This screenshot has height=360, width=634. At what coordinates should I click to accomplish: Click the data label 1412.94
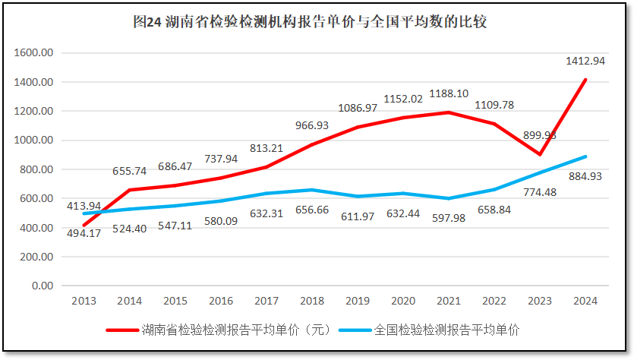(585, 61)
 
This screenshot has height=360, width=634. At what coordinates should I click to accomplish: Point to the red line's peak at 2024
(585, 80)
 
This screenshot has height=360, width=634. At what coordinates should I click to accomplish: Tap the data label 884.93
(584, 177)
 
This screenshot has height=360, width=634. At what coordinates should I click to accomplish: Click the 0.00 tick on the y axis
(43, 286)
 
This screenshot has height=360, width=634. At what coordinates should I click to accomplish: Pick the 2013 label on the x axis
(84, 301)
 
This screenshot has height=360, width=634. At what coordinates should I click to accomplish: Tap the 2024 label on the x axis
(585, 301)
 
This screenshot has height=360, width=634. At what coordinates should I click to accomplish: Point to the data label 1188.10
(448, 94)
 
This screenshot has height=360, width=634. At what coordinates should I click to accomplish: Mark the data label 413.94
(84, 206)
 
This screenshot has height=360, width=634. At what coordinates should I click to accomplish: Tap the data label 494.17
(84, 233)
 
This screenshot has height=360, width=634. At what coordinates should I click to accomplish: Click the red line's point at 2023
(540, 154)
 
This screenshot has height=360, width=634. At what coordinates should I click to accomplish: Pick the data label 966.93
(311, 125)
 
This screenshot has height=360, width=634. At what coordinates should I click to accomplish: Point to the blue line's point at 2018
(311, 190)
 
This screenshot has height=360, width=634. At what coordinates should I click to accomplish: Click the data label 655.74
(129, 172)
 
